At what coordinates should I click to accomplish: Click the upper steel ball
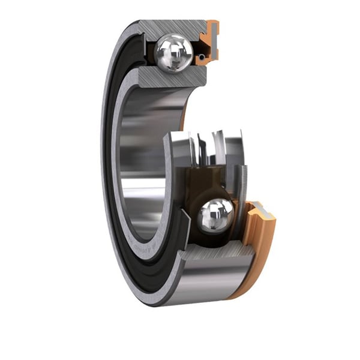[173, 53]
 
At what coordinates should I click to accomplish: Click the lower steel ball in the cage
[215, 215]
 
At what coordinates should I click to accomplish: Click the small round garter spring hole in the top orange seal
[202, 57]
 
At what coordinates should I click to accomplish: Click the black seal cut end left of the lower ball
[183, 231]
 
